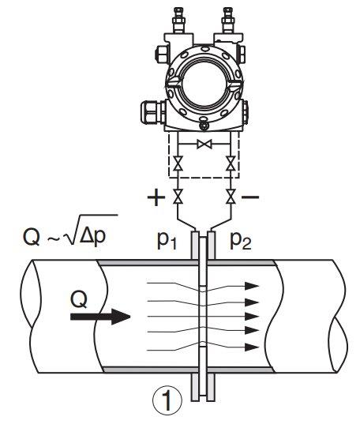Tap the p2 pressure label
point(241,242)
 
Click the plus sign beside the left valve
point(156,197)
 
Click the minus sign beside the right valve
point(250,197)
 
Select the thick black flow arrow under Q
point(100,317)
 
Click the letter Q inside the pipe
point(79,300)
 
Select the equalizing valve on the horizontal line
point(204,144)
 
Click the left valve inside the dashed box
point(178,163)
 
